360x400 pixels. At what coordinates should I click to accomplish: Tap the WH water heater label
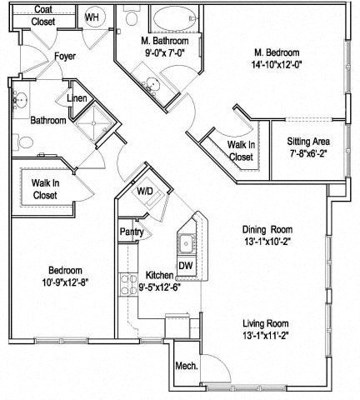(92, 17)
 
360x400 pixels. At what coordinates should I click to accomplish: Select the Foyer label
(65, 57)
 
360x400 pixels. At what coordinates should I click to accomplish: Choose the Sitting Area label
(308, 142)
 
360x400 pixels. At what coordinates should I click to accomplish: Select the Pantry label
(132, 232)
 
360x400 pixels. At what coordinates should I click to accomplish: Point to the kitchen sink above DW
(186, 242)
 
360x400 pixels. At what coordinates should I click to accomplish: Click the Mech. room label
(185, 367)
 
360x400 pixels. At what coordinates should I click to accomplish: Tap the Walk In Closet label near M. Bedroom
(241, 150)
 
